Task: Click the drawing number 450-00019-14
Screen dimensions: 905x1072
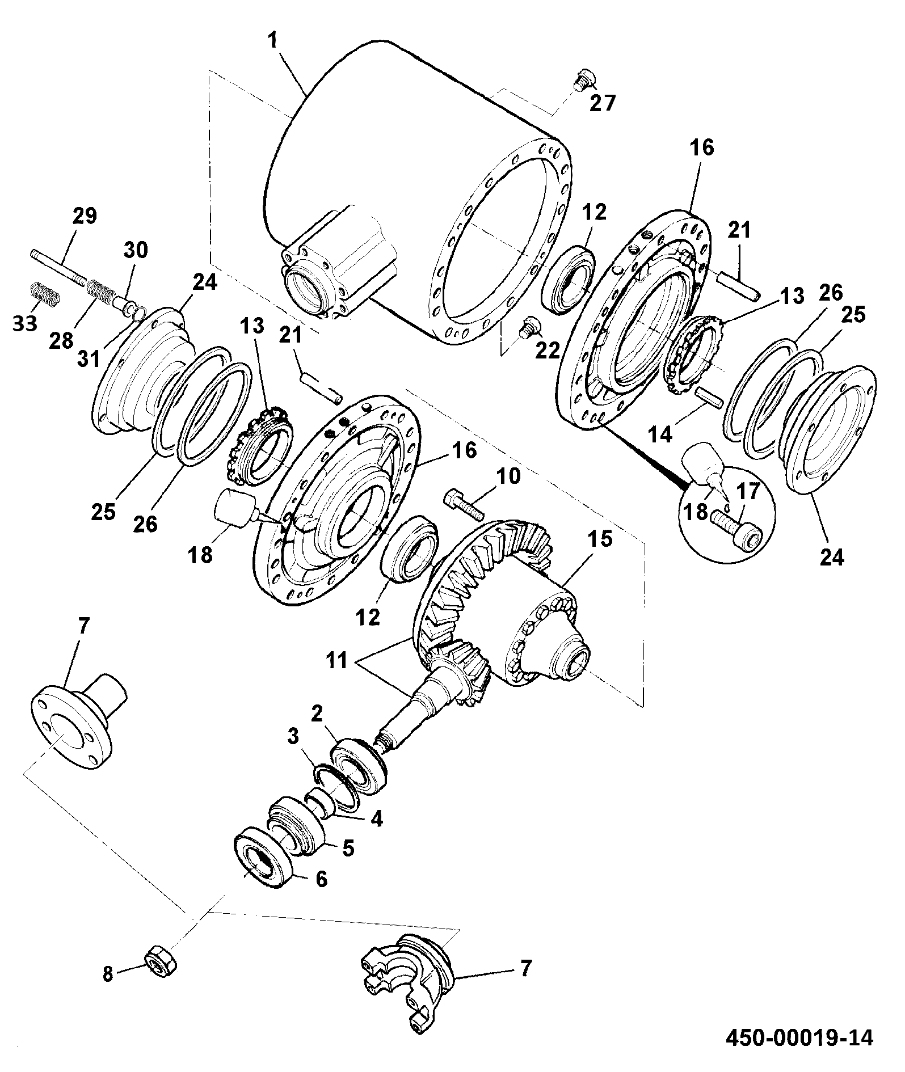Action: pos(801,1037)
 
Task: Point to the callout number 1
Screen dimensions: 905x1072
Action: pos(273,40)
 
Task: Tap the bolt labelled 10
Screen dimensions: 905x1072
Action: pos(464,505)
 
